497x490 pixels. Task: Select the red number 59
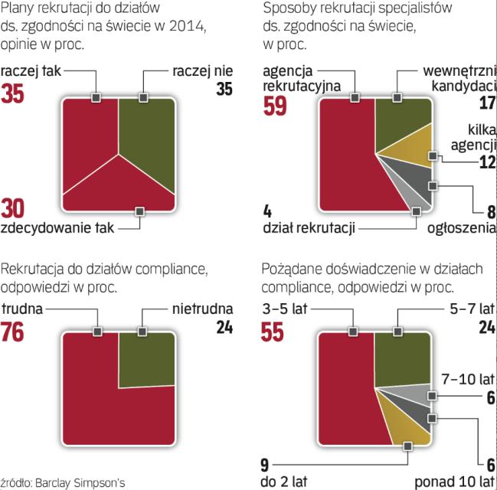click(276, 105)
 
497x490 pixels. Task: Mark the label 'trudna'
click(22, 310)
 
